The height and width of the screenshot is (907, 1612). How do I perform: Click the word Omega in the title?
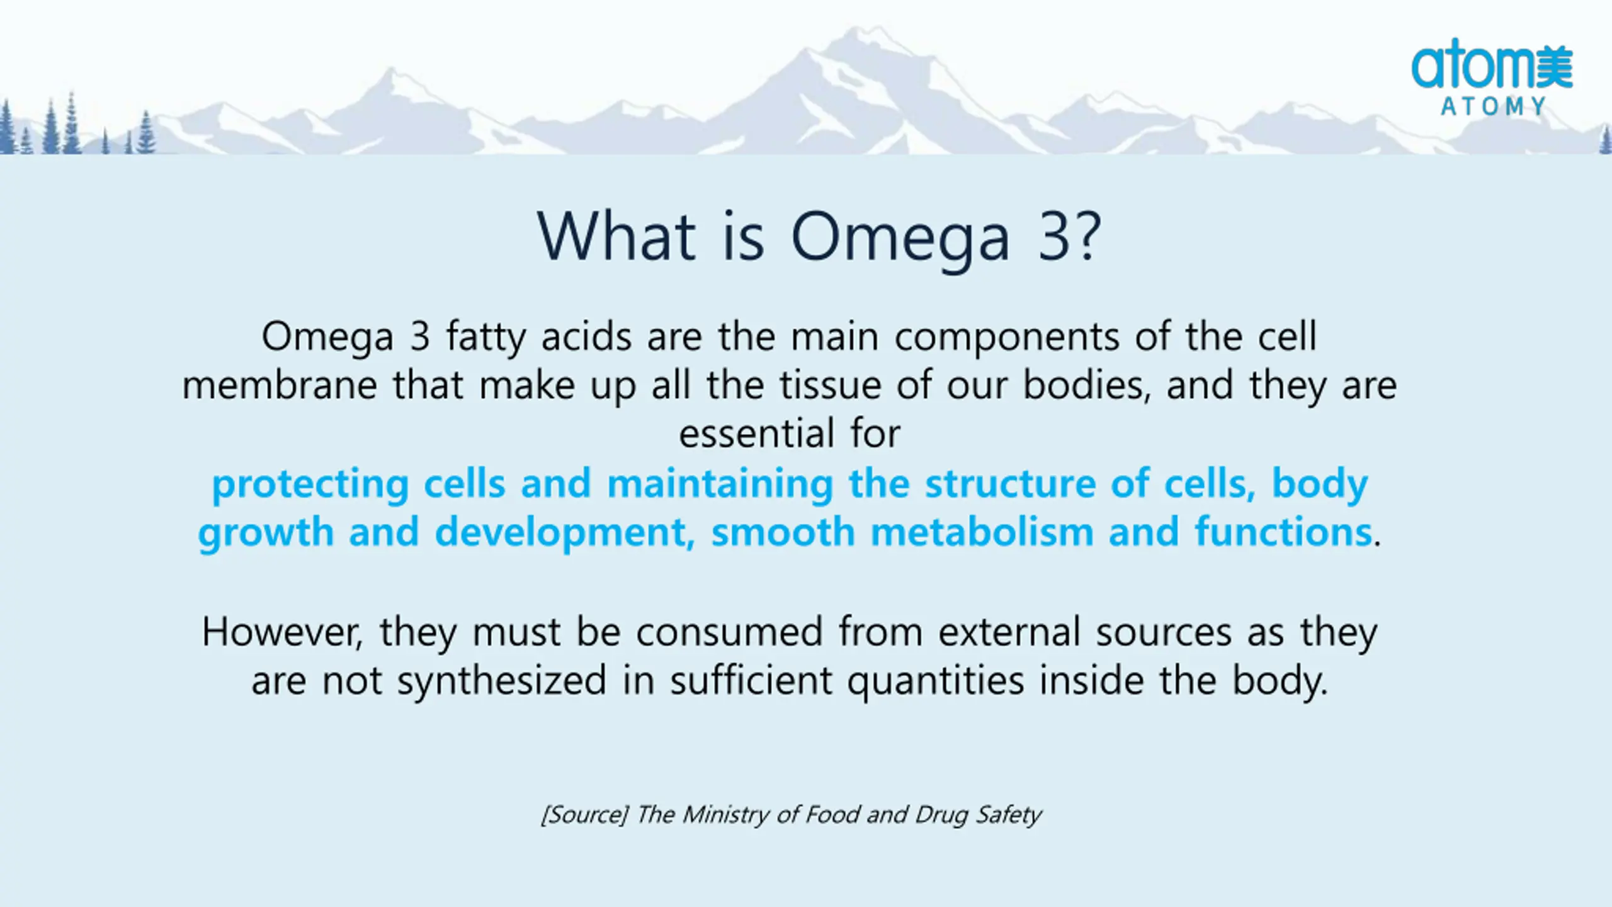900,239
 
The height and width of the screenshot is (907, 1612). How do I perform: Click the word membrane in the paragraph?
280,385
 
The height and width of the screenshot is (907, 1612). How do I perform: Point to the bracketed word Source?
584,815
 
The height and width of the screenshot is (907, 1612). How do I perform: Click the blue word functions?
1283,532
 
